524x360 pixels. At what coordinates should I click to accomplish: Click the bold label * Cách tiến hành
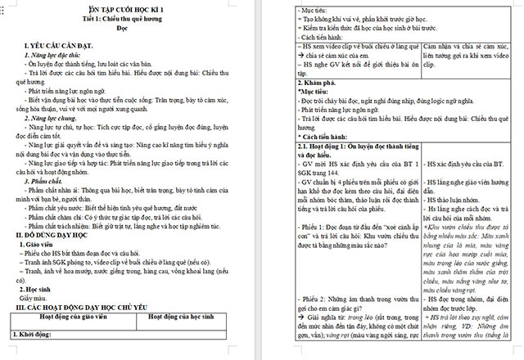(x=323, y=137)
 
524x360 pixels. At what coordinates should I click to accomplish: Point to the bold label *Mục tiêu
(x=314, y=93)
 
